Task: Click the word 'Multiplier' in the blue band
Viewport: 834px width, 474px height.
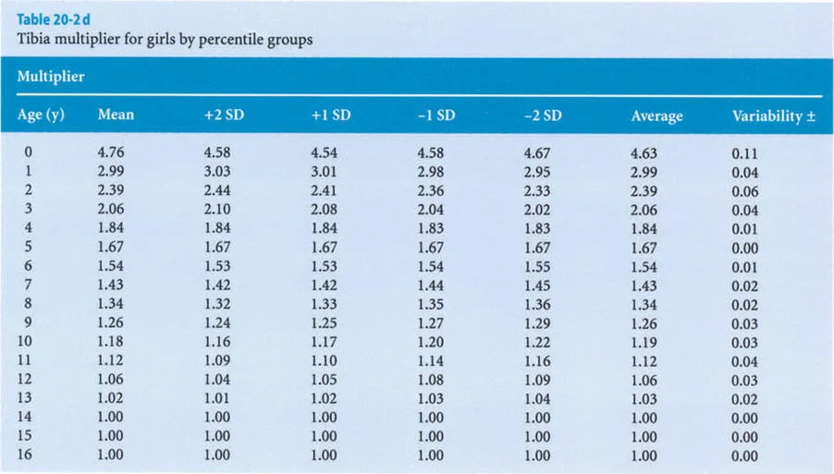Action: click(x=51, y=77)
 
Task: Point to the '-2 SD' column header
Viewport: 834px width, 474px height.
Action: click(x=542, y=115)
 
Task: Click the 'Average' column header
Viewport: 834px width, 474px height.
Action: click(x=656, y=116)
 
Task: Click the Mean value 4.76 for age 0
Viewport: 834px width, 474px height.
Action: click(x=110, y=153)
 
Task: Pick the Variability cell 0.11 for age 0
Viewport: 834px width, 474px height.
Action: click(x=744, y=154)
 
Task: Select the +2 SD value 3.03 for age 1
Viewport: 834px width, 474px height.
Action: click(x=217, y=173)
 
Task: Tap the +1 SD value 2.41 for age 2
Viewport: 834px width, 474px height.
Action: click(x=325, y=191)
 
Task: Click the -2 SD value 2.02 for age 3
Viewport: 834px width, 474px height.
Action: click(x=537, y=211)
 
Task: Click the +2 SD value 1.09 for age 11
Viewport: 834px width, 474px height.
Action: click(x=217, y=361)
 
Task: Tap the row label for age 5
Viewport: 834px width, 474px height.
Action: click(x=29, y=248)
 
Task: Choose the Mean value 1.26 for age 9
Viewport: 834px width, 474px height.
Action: click(x=110, y=323)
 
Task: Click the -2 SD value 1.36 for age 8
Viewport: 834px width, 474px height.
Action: click(x=537, y=305)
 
